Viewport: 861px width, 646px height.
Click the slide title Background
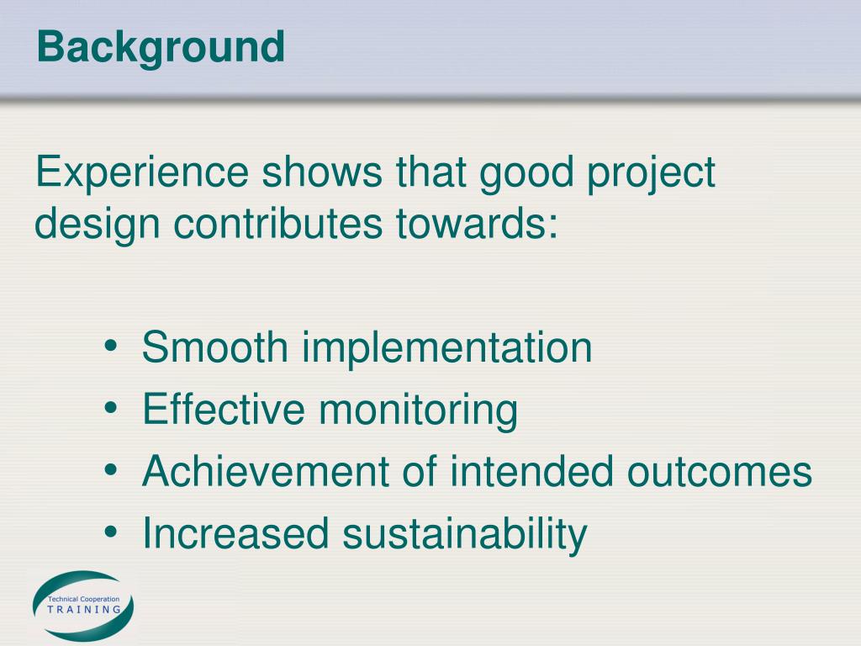point(161,48)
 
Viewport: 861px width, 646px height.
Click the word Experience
point(142,172)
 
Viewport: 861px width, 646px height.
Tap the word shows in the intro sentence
point(322,172)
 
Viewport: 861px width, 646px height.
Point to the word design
point(98,224)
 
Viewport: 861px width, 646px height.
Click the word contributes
point(277,223)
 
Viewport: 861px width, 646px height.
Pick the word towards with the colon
point(477,224)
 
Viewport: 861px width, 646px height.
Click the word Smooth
point(214,347)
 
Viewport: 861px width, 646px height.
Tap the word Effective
point(223,409)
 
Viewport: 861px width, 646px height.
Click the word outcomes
point(720,472)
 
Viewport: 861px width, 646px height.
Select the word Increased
point(235,532)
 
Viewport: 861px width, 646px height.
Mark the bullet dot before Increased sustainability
point(110,532)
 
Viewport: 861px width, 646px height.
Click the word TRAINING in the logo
point(84,609)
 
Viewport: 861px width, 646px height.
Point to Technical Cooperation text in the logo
point(83,599)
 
